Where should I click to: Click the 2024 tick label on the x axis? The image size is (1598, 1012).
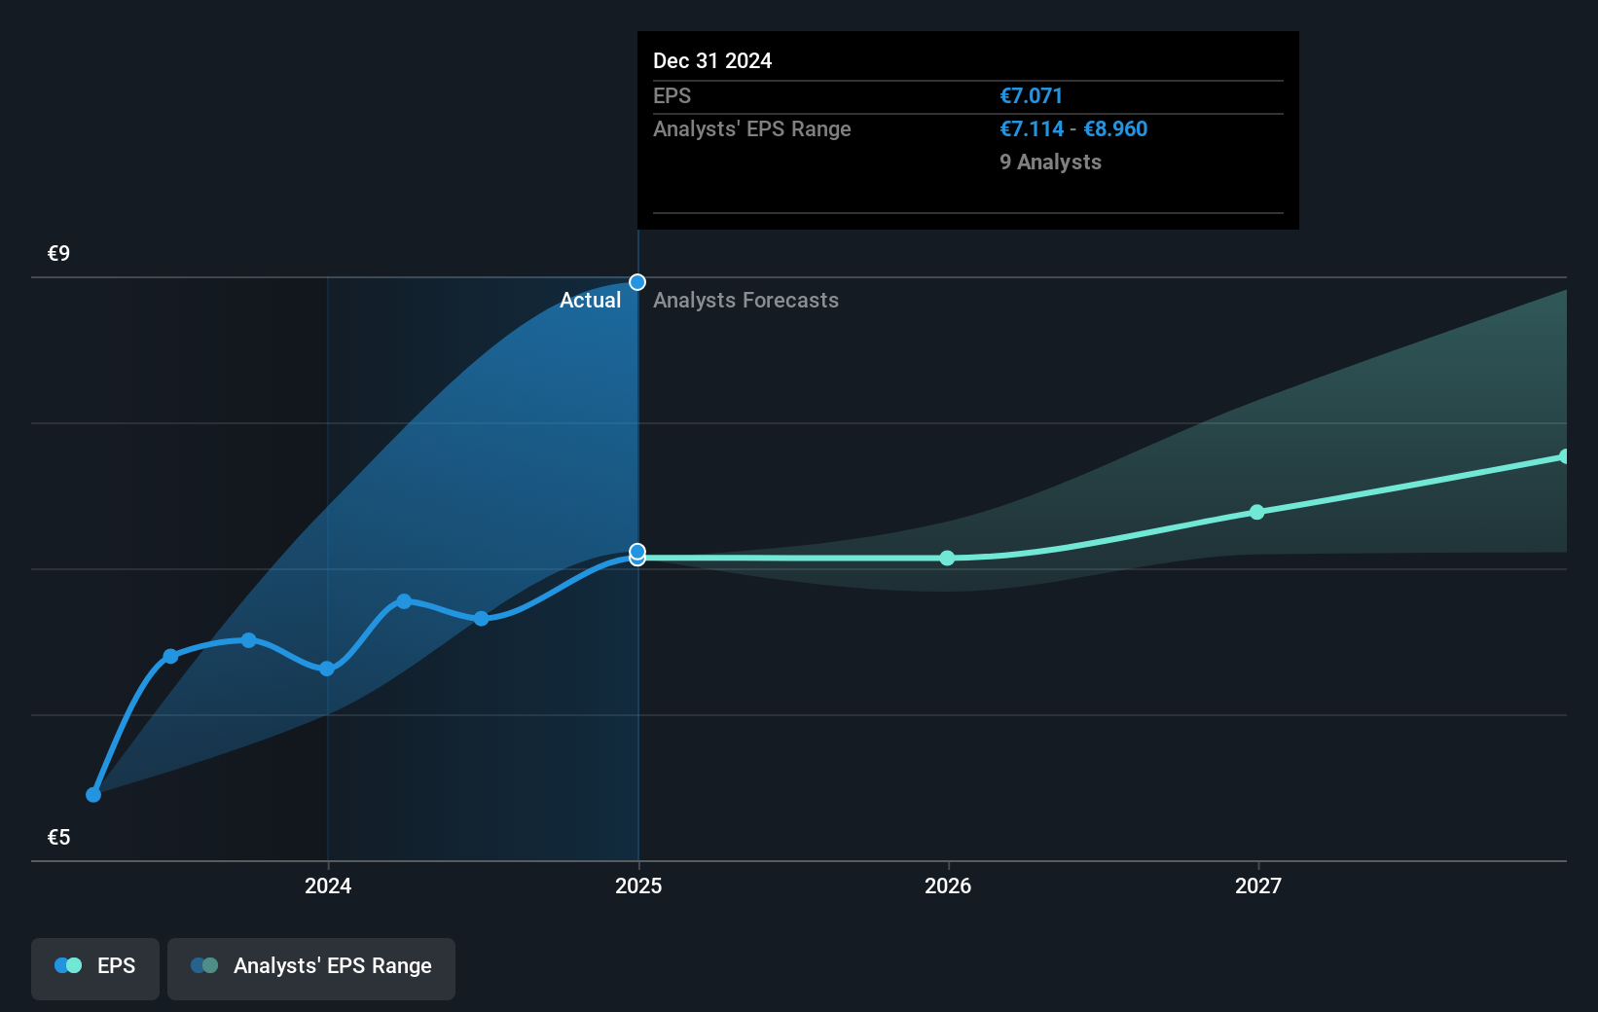click(328, 885)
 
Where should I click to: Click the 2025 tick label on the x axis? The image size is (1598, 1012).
click(638, 885)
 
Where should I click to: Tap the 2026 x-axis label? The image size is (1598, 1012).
click(948, 885)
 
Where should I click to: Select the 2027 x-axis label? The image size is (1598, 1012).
click(1257, 885)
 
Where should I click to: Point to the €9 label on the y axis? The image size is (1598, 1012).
click(58, 254)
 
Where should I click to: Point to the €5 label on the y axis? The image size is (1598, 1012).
click(58, 837)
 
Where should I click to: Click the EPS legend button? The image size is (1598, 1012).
click(95, 966)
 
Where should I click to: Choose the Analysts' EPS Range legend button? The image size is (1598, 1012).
click(311, 966)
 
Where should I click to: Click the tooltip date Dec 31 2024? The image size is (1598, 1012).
click(711, 61)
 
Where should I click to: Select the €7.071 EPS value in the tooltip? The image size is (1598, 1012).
click(1031, 96)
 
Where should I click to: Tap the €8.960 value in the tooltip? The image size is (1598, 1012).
click(1115, 129)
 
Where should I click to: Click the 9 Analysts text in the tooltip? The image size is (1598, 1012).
click(1050, 163)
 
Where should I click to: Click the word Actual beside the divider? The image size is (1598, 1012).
click(590, 301)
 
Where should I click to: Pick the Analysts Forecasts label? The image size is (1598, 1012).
click(745, 301)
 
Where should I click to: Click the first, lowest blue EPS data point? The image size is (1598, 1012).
click(93, 795)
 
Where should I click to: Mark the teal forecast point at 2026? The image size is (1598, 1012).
click(948, 558)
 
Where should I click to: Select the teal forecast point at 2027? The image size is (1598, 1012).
click(1256, 512)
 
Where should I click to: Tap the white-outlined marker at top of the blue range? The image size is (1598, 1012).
click(637, 282)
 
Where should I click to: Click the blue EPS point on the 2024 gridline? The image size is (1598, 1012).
click(327, 669)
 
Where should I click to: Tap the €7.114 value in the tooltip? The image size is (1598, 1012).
click(1032, 129)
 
